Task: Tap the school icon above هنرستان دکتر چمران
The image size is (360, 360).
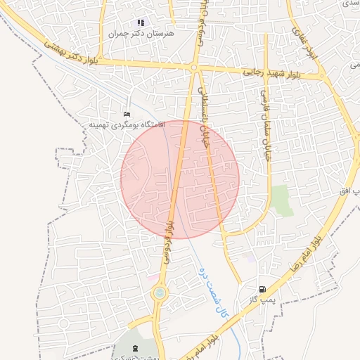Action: point(141,22)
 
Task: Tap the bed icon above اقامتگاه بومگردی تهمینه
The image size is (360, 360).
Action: point(127,114)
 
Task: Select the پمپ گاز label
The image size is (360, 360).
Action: point(259,300)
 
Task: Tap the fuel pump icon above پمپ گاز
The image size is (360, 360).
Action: point(262,288)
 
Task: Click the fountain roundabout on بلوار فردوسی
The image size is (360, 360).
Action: point(160,292)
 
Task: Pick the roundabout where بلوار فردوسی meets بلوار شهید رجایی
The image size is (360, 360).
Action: point(193,67)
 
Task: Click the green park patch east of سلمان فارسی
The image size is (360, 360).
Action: point(281,200)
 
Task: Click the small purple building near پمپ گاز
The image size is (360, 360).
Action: point(251,258)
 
